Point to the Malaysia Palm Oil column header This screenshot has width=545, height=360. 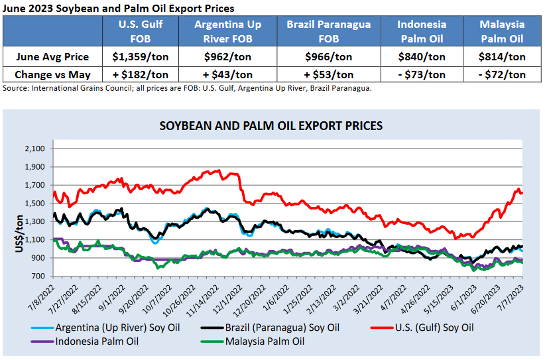coord(502,30)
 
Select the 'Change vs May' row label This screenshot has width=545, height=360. coord(52,74)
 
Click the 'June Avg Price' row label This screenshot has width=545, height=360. coord(52,57)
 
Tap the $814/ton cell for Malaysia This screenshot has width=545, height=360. coord(502,57)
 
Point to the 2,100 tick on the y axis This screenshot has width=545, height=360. coord(34,149)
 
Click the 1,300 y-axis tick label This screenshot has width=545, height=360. coord(34,221)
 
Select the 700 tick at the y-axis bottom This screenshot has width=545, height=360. coord(38,276)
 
